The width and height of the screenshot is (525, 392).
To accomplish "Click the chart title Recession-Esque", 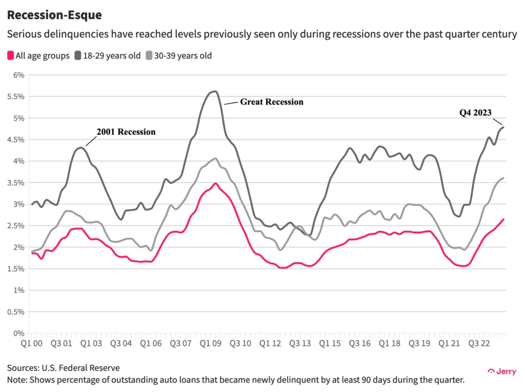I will coord(54,15).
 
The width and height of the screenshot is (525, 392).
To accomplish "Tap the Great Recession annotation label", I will coord(272,102).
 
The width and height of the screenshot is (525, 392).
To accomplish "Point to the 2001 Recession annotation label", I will coord(126,132).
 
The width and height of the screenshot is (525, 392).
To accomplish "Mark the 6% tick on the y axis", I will coord(18,75).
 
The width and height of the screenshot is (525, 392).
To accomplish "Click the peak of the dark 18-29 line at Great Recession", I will coord(214,91).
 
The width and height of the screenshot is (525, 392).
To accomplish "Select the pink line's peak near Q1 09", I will coord(216,183).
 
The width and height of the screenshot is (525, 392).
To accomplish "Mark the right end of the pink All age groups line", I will coord(503,219).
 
